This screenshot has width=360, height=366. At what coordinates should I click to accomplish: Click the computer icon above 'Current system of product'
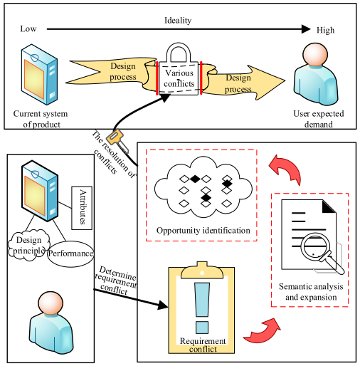(x=38, y=74)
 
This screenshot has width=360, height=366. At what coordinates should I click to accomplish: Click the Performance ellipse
(x=71, y=253)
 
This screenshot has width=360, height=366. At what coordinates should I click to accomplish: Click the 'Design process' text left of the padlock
(x=123, y=72)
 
